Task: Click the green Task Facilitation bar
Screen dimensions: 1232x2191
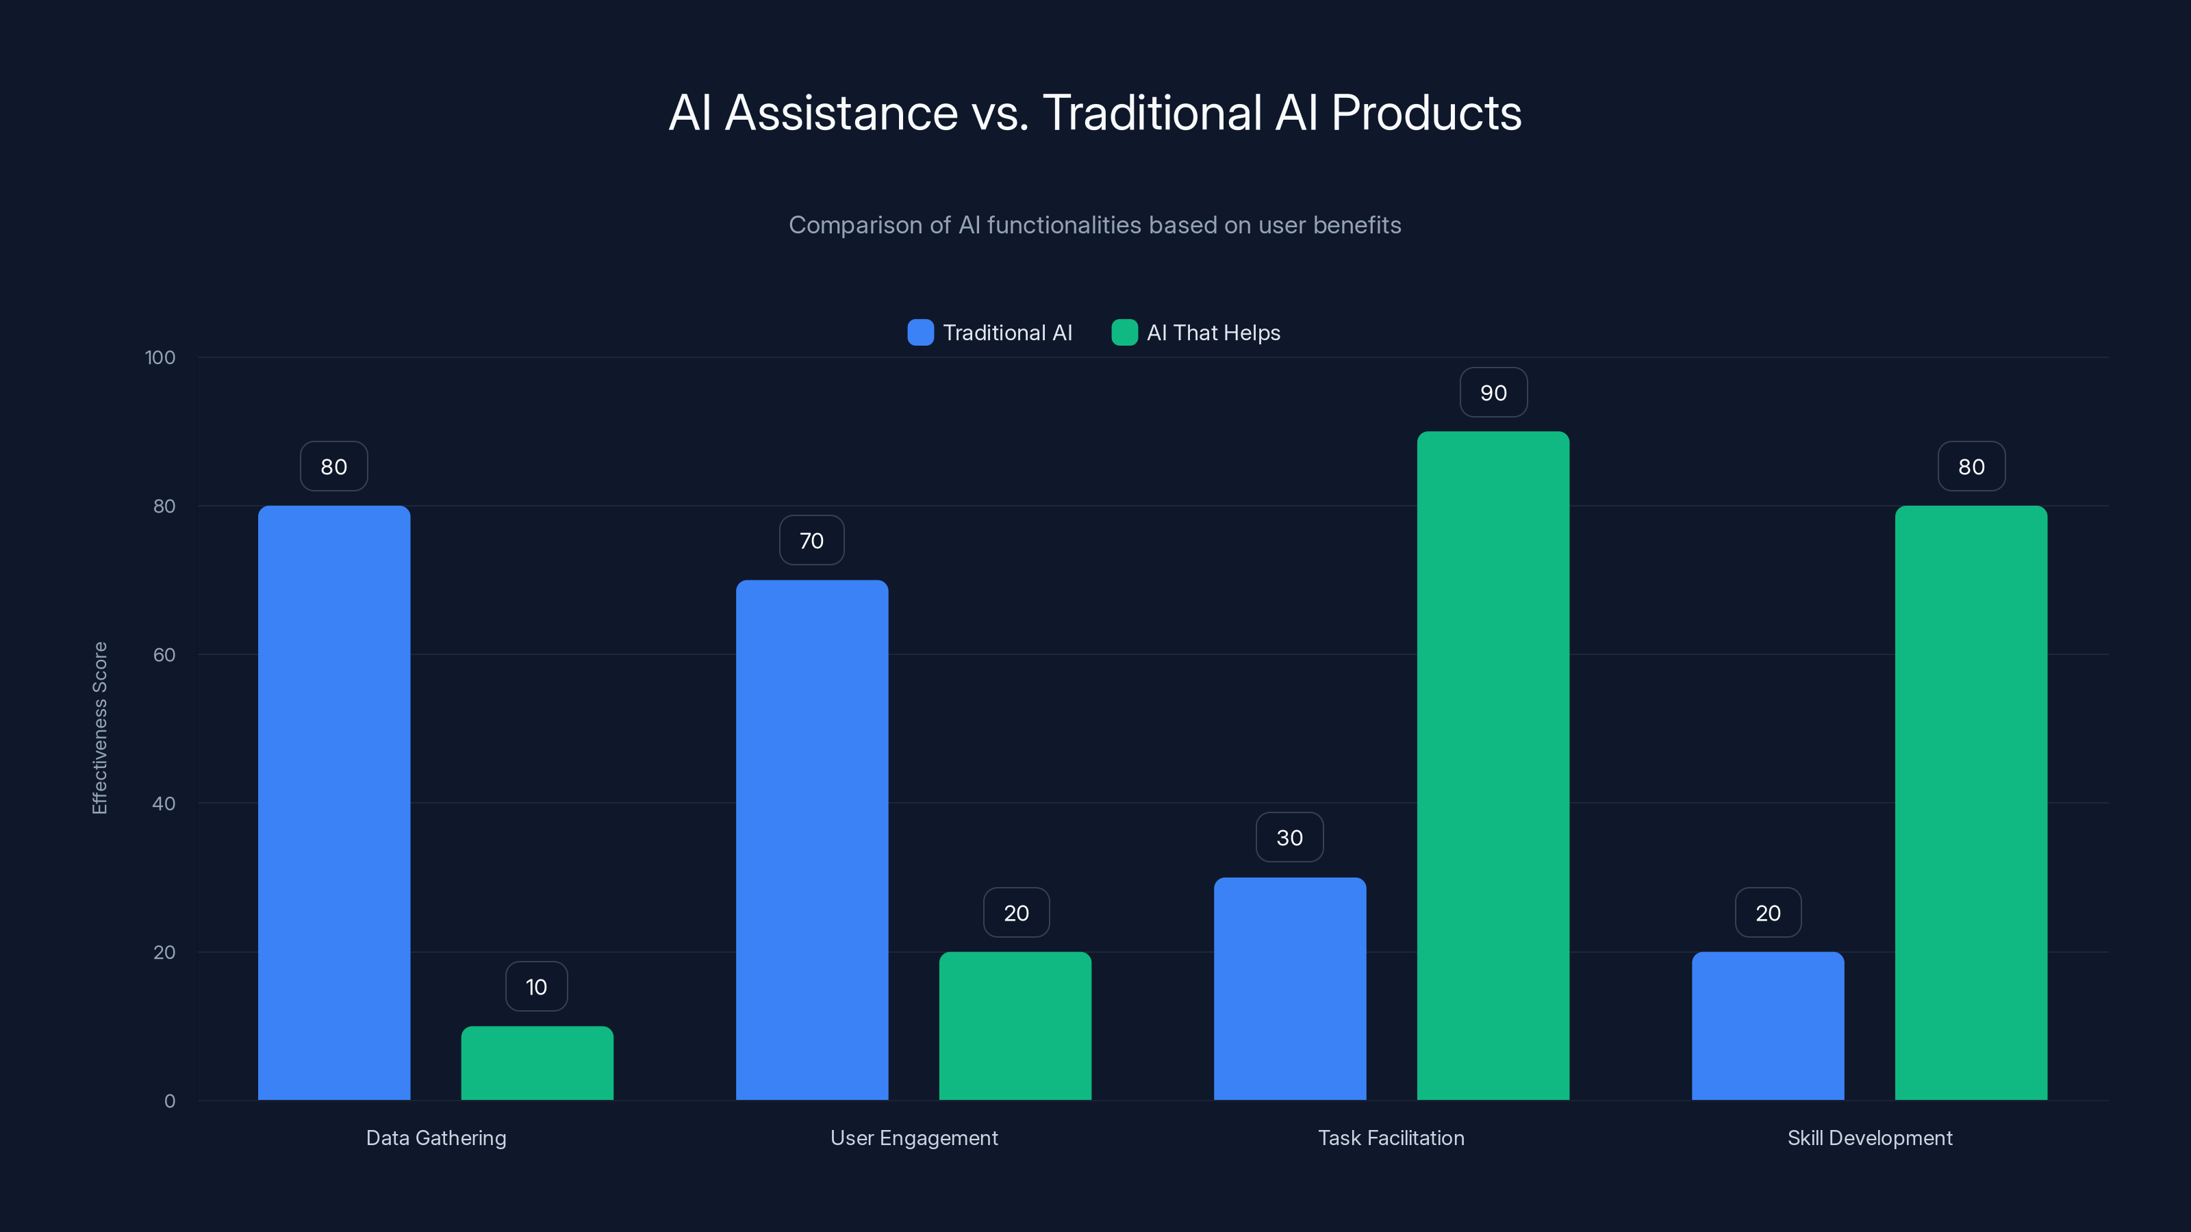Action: (1493, 765)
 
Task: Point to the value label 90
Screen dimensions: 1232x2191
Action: (1493, 393)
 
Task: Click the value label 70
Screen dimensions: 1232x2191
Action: (811, 541)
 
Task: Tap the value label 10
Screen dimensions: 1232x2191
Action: (536, 986)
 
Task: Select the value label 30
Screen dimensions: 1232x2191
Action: (1289, 838)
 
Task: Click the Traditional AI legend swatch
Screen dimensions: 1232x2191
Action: (920, 333)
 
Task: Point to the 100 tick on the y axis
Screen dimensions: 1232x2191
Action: (160, 357)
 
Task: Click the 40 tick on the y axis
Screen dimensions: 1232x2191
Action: (164, 804)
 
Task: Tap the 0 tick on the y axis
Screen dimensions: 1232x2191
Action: (169, 1101)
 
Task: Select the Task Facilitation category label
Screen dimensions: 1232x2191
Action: (1391, 1138)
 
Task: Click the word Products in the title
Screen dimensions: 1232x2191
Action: (1426, 113)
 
